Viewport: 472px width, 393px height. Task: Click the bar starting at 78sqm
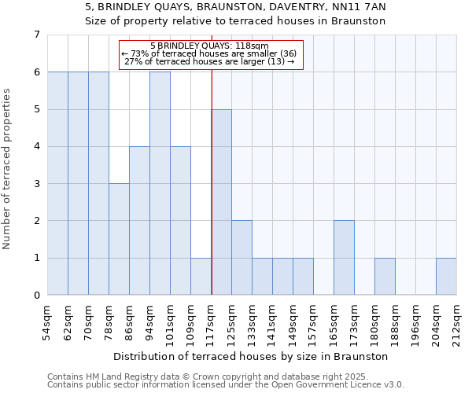coord(119,240)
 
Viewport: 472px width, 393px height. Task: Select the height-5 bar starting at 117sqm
coord(221,202)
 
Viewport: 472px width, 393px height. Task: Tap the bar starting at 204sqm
coord(446,277)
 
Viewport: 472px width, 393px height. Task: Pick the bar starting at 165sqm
coord(344,258)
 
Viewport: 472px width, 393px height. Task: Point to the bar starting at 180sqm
coord(385,277)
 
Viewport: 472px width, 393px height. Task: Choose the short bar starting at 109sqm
coord(201,277)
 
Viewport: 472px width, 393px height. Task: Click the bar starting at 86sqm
coord(139,221)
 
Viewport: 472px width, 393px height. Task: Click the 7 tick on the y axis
coord(36,35)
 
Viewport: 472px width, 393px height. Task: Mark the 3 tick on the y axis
coord(36,184)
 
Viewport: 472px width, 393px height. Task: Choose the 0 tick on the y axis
coord(36,296)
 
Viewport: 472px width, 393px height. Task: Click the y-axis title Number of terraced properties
coord(8,169)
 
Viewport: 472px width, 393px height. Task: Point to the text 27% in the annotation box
coord(132,61)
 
